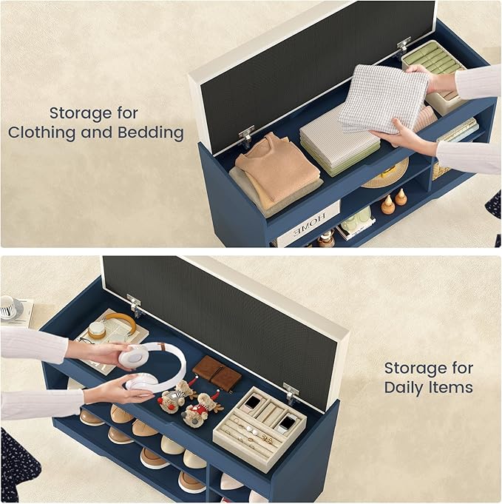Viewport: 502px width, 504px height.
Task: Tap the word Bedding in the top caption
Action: pyautogui.click(x=151, y=132)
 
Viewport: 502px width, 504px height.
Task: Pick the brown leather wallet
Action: pyautogui.click(x=217, y=372)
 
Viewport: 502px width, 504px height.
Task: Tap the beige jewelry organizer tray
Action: pyautogui.click(x=260, y=429)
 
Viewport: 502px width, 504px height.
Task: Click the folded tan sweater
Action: pyautogui.click(x=277, y=169)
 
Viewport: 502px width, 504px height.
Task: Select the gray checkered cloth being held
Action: pyautogui.click(x=384, y=98)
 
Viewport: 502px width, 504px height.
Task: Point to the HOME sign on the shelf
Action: pyautogui.click(x=309, y=224)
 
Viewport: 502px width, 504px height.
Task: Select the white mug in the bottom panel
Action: pyautogui.click(x=11, y=306)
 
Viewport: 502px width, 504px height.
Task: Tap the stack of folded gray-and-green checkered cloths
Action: pyautogui.click(x=339, y=142)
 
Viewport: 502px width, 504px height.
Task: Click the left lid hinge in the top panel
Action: pyautogui.click(x=246, y=136)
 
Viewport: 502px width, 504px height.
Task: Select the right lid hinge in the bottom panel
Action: pyautogui.click(x=291, y=394)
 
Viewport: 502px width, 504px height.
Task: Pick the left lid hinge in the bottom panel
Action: pyautogui.click(x=135, y=306)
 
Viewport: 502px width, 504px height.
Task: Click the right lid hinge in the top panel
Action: pyautogui.click(x=404, y=46)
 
